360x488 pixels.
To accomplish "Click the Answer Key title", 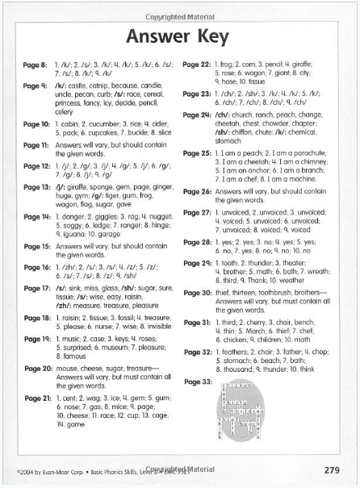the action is point(180,37).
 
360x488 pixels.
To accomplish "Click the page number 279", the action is point(331,469).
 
